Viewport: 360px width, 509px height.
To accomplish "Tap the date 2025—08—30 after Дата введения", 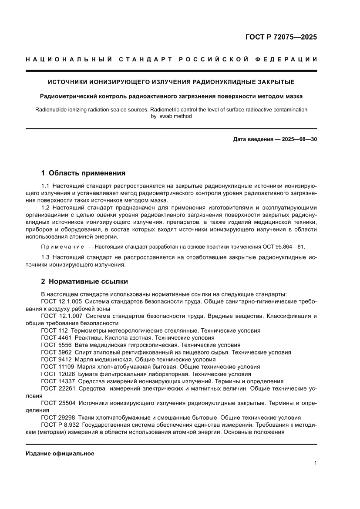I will [294, 140].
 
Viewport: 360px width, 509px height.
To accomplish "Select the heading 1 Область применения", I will [83, 173].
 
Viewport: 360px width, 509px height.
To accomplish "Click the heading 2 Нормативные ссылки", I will [84, 281].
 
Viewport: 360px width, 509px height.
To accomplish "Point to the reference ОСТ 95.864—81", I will [284, 246].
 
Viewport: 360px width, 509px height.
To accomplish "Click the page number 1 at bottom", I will [315, 463].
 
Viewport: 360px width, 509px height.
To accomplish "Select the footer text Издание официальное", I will [60, 453].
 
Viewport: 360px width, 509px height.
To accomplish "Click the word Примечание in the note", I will [60, 246].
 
